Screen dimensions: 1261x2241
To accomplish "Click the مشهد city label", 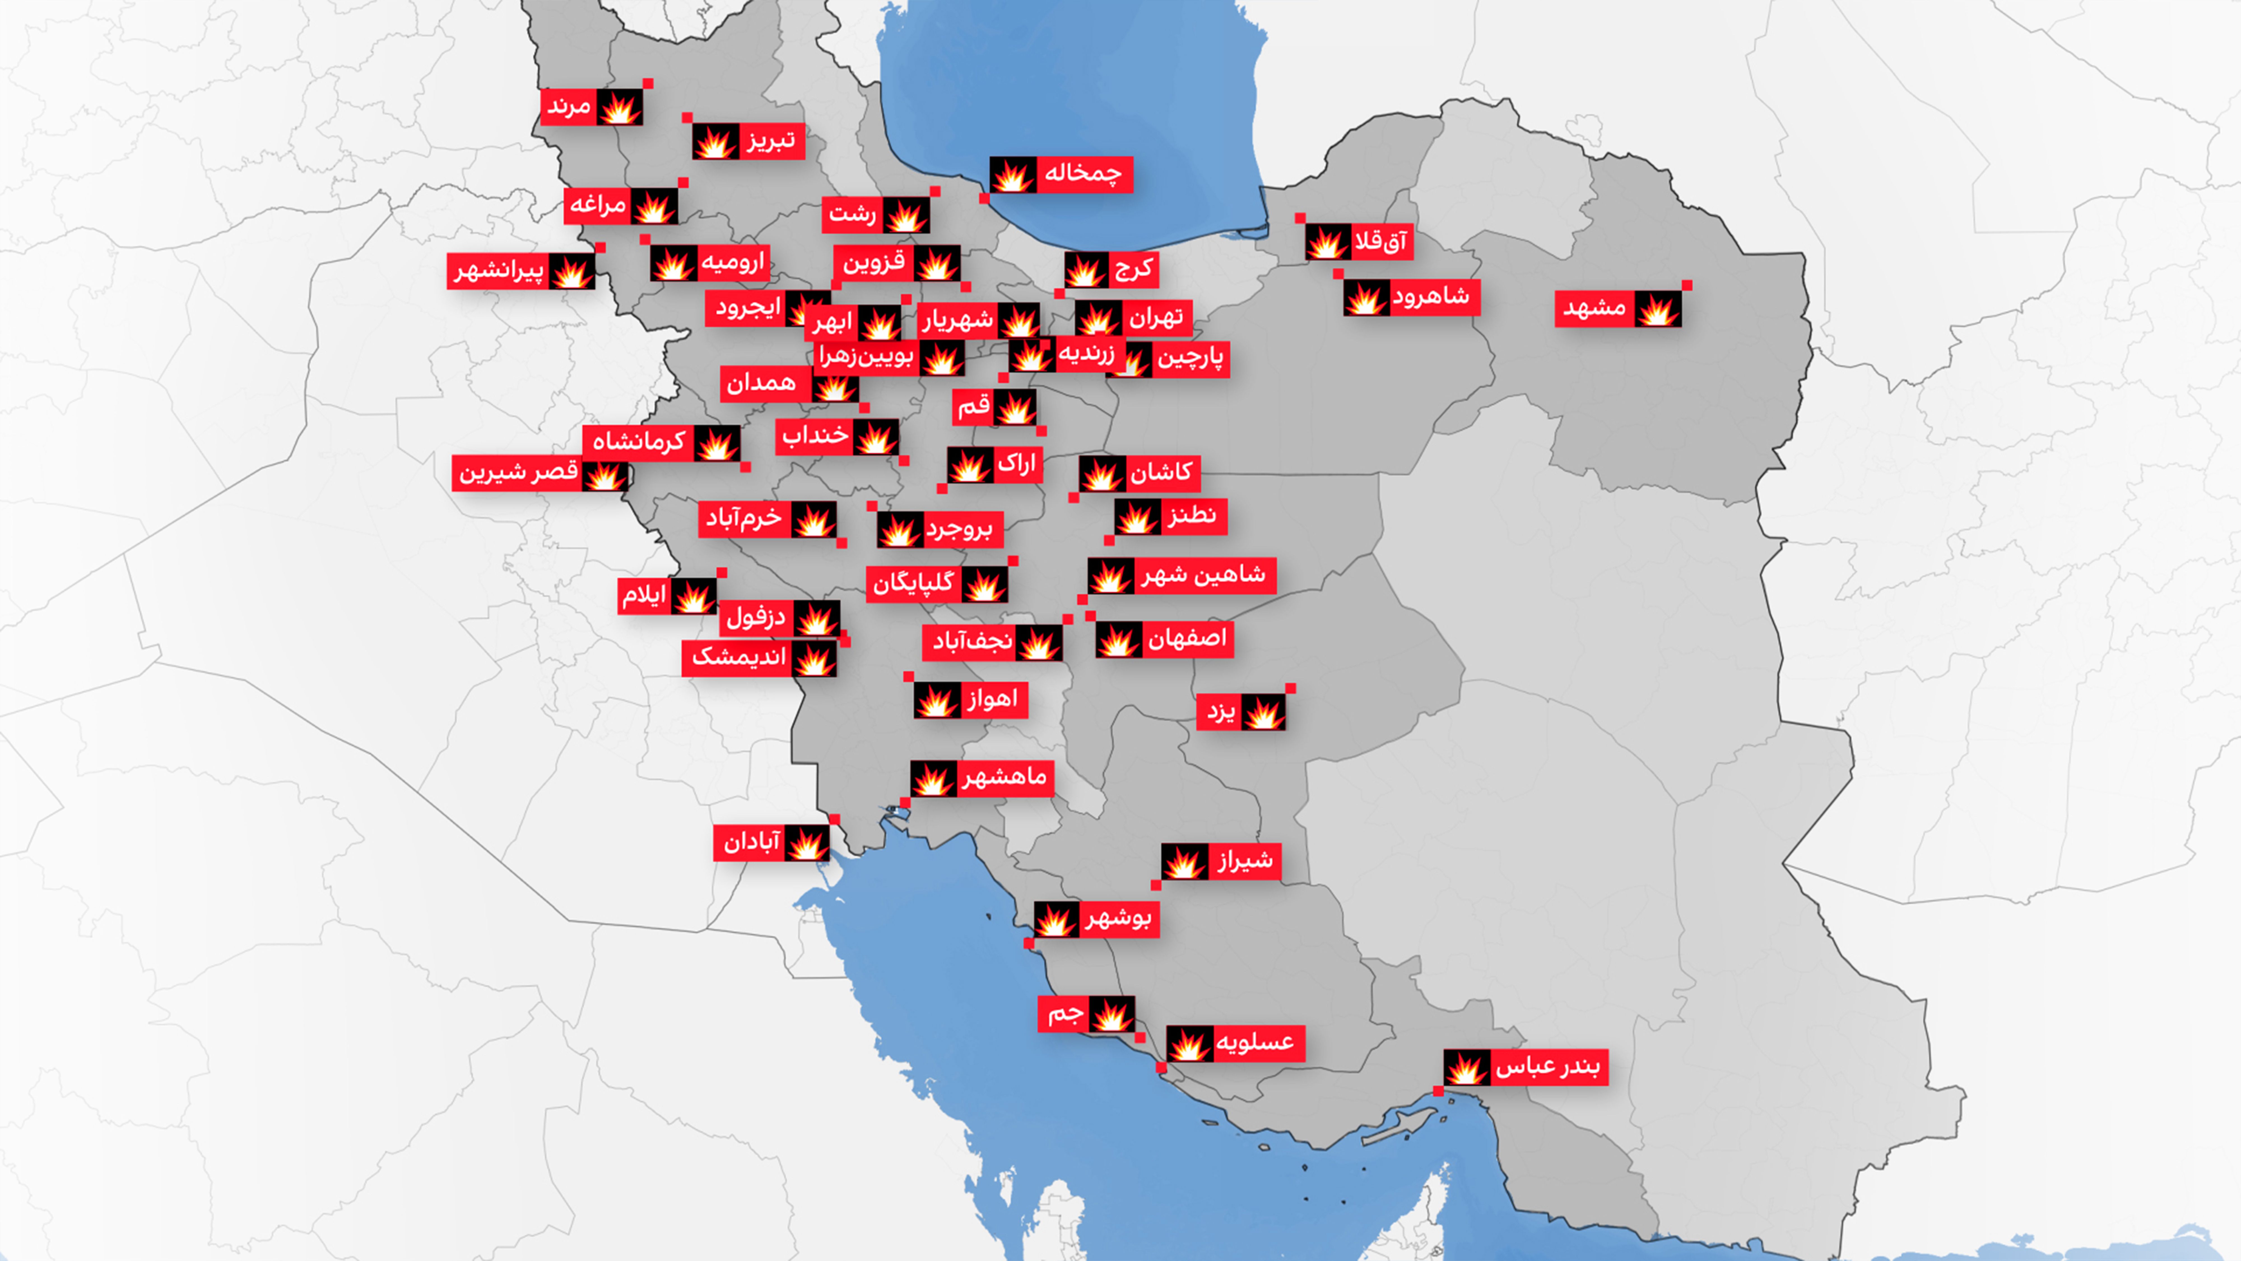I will click(1594, 308).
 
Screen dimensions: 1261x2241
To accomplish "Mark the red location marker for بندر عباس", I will click(1438, 1090).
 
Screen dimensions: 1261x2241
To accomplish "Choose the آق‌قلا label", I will click(1380, 242).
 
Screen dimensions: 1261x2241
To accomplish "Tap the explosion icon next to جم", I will click(1111, 1014).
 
